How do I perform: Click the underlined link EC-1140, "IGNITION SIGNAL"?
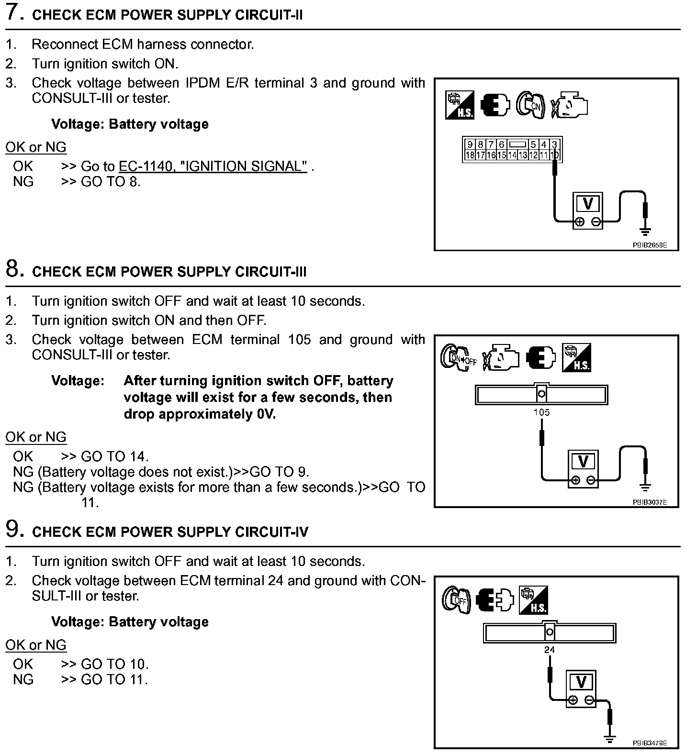pyautogui.click(x=213, y=166)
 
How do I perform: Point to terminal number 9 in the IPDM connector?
pyautogui.click(x=470, y=144)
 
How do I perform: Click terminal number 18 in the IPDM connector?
pyautogui.click(x=470, y=155)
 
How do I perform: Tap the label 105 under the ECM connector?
pyautogui.click(x=541, y=412)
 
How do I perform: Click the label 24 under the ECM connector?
pyautogui.click(x=549, y=650)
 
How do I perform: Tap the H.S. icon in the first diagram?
pyautogui.click(x=460, y=105)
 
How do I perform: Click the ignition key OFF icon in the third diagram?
pyautogui.click(x=456, y=600)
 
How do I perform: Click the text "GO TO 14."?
pyautogui.click(x=115, y=456)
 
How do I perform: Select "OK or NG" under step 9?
pyautogui.click(x=36, y=645)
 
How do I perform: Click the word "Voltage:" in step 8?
pyautogui.click(x=78, y=381)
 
